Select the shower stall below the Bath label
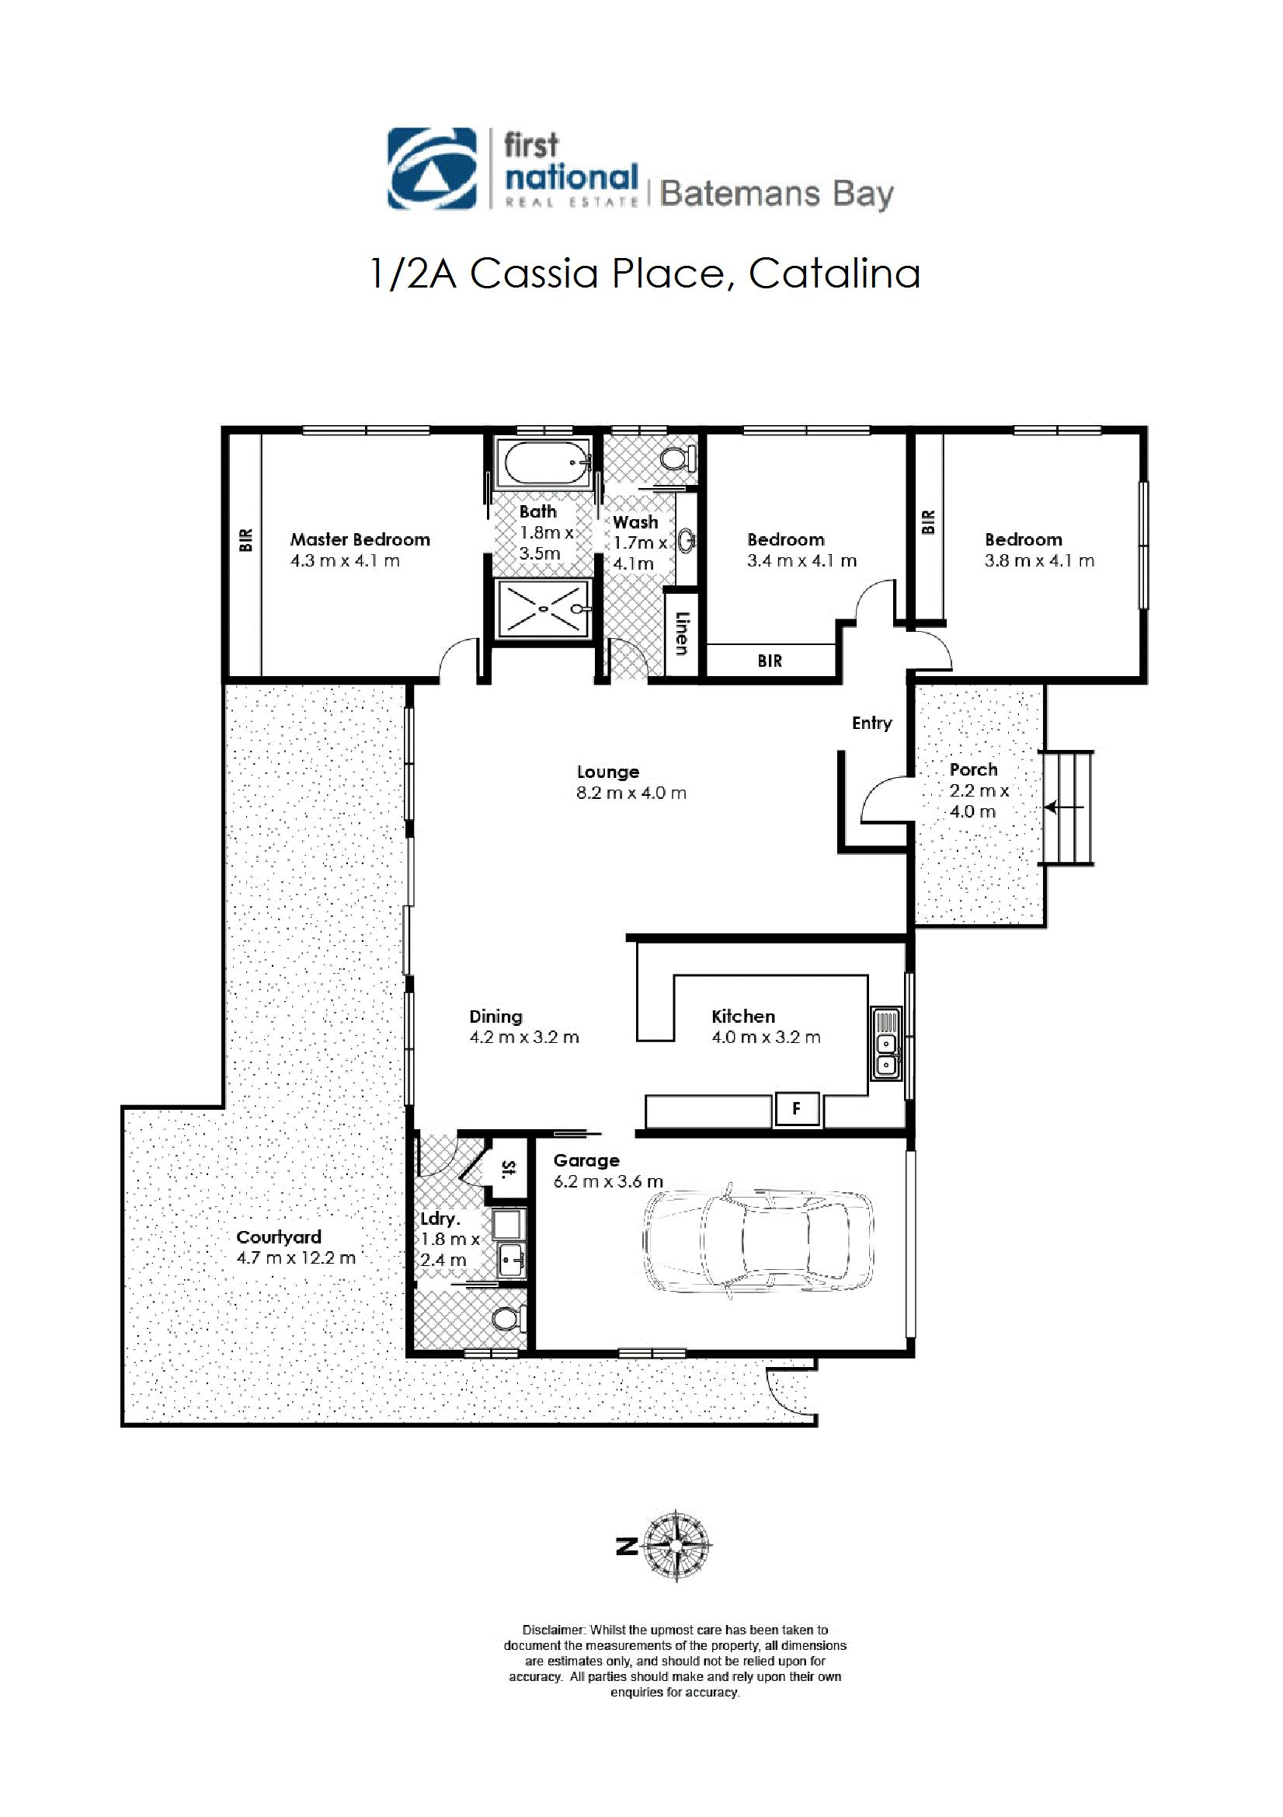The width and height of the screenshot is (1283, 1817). [x=544, y=607]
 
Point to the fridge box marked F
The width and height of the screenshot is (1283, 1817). [x=797, y=1110]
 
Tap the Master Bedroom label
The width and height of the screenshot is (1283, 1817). [x=360, y=539]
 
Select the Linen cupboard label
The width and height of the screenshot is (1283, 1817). [x=680, y=634]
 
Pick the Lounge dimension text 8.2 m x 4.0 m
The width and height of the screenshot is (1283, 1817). [x=631, y=793]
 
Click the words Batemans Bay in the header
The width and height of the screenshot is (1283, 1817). [x=776, y=194]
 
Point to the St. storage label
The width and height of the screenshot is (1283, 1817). [x=509, y=1167]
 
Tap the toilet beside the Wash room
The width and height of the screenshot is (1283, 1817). [x=679, y=459]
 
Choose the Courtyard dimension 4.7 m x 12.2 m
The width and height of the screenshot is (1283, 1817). [x=296, y=1257]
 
